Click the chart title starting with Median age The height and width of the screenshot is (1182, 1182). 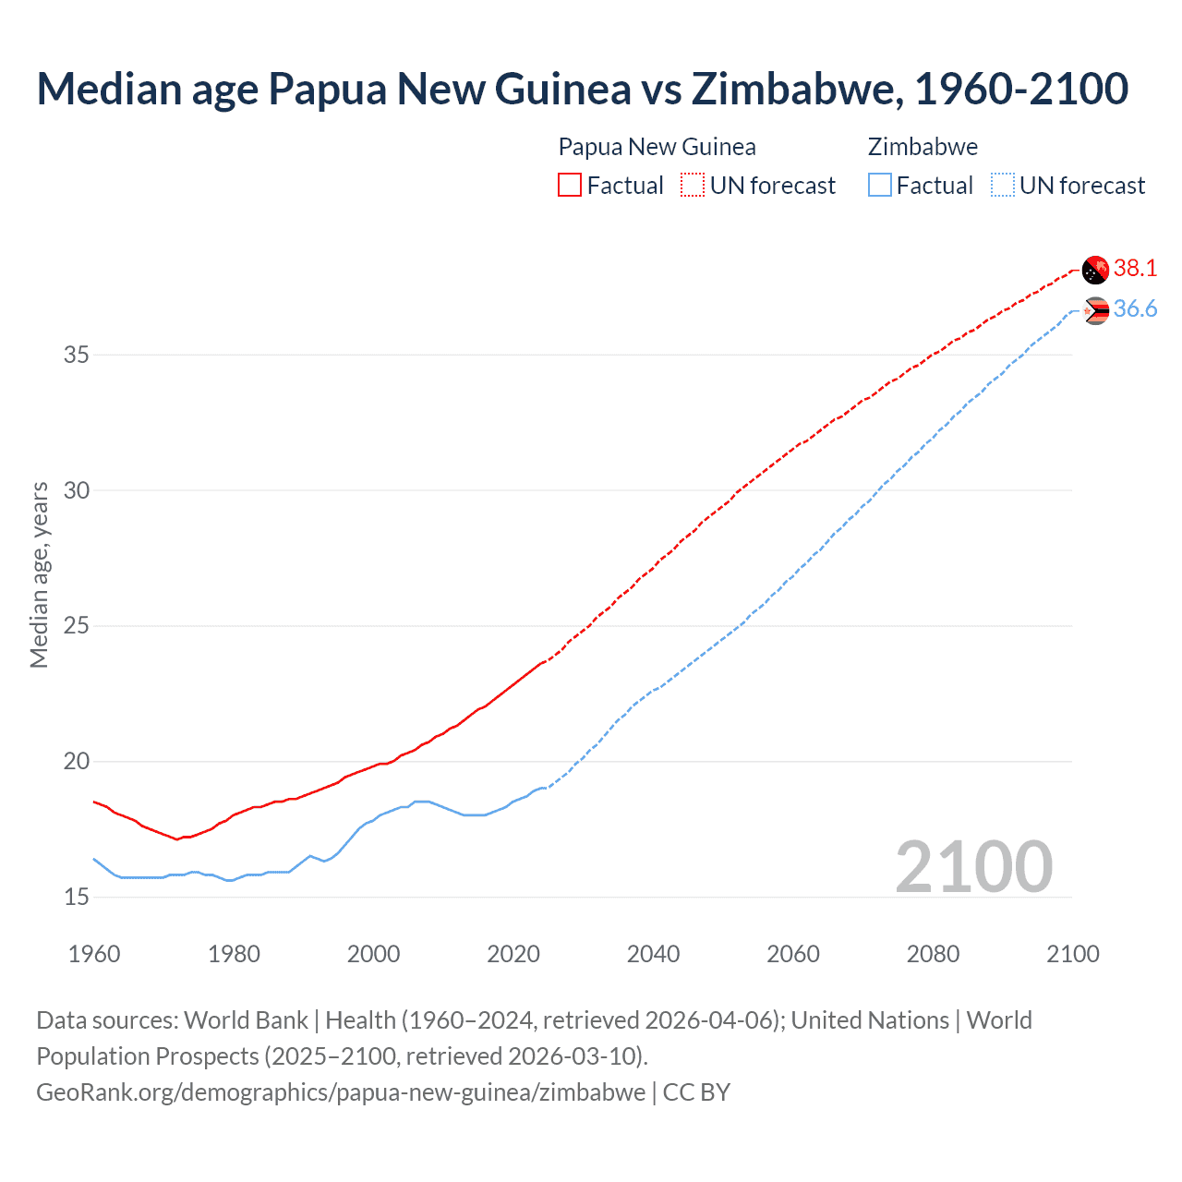point(582,89)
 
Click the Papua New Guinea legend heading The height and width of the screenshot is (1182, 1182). point(657,147)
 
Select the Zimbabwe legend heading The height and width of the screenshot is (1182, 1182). point(923,147)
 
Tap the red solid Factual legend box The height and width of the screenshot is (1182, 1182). point(570,186)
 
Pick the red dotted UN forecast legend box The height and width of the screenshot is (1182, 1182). point(693,186)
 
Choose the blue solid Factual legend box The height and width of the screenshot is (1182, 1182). point(880,186)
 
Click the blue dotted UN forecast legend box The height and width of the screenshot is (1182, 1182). point(1003,186)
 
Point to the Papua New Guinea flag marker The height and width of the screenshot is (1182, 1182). point(1095,270)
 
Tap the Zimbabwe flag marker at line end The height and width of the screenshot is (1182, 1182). point(1095,311)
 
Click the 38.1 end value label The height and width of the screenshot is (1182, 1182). point(1135,268)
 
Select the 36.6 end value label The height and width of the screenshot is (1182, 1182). point(1135,309)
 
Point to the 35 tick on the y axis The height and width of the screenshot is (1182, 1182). point(77,355)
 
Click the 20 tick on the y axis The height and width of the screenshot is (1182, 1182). point(77,762)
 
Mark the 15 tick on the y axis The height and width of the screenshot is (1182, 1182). point(77,897)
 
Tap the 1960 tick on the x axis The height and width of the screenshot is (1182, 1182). point(94,954)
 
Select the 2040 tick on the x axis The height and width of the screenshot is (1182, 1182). point(653,954)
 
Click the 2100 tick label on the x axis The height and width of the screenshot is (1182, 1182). point(1073,954)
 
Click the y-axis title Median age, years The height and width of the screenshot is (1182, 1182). point(39,574)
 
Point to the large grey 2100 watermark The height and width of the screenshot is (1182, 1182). point(973,866)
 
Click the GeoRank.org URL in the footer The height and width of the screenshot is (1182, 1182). point(341,1092)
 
